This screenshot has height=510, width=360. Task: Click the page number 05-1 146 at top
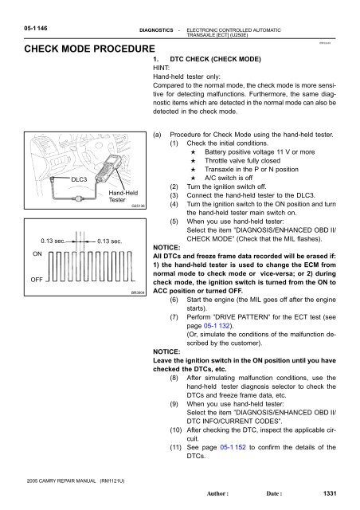36,29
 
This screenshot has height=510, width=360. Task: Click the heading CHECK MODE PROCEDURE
89,49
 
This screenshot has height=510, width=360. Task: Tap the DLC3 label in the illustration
79,179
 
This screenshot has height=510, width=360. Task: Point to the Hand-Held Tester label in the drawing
123,196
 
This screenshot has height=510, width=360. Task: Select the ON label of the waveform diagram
37,253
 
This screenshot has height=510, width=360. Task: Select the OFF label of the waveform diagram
37,280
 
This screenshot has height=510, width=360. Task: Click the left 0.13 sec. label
53,241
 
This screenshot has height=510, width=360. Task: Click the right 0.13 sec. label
110,241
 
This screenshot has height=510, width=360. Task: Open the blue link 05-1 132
217,326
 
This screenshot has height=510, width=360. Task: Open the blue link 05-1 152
233,447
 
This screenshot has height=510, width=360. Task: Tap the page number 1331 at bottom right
330,493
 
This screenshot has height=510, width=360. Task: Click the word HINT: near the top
162,68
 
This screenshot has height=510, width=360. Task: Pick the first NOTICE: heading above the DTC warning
166,248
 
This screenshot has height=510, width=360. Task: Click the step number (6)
174,300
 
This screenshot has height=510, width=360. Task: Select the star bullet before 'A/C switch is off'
194,178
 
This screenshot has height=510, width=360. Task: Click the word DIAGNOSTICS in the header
156,30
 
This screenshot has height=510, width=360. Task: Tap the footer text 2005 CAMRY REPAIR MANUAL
61,481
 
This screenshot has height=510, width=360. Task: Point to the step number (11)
175,447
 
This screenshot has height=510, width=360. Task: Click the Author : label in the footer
217,493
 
